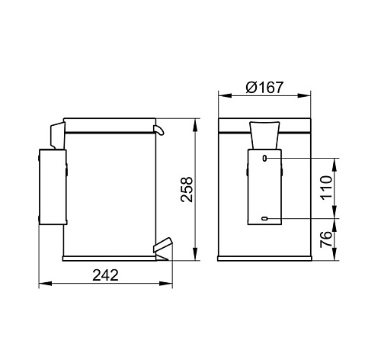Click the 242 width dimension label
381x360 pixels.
click(105, 275)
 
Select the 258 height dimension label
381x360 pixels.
click(187, 189)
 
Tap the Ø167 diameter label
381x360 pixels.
click(264, 87)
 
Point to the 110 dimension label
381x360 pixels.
click(326, 188)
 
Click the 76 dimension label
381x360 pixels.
click(326, 239)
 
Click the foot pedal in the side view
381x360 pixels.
click(162, 249)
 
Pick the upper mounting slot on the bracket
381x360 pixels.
click(264, 159)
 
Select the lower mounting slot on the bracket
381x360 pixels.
click(265, 218)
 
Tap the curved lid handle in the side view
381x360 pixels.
click(158, 130)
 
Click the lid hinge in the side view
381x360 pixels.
click(58, 135)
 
